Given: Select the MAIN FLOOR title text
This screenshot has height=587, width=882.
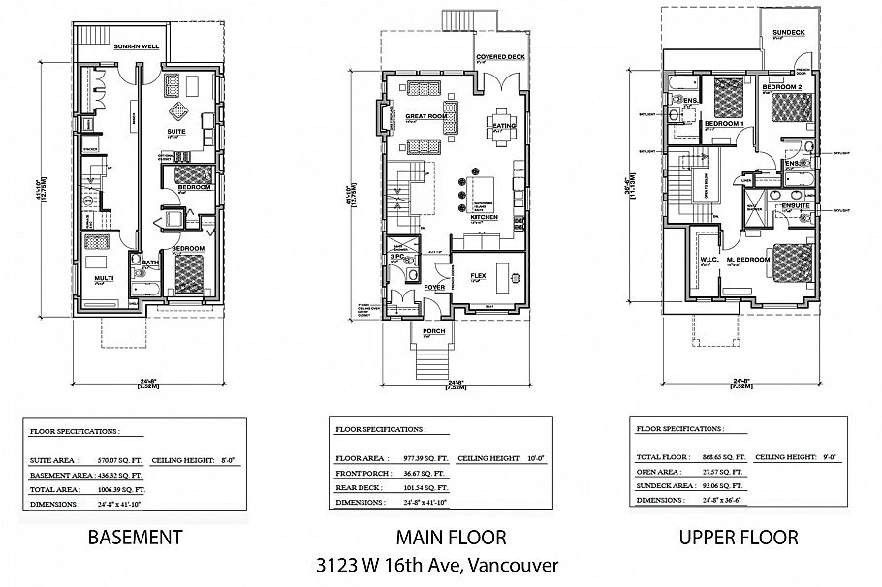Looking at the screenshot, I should pos(450,537).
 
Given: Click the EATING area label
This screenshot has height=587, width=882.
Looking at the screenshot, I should pos(504,127).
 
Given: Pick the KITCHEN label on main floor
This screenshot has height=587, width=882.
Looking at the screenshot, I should pos(484,218).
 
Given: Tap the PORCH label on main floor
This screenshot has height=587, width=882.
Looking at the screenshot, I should pos(433,331).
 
